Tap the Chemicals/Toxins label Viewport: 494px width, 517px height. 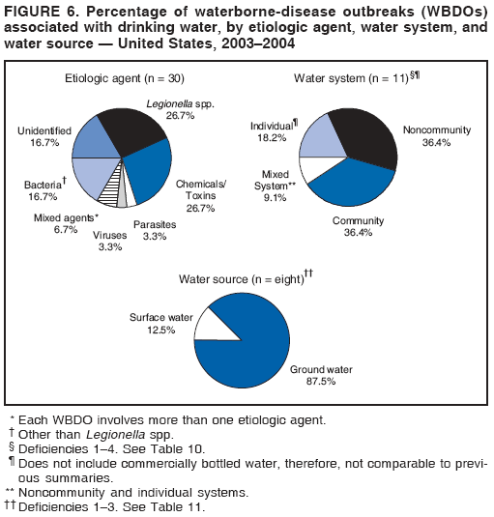click(201, 195)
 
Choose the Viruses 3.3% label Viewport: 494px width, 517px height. click(109, 241)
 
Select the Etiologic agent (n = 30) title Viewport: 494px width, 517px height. click(124, 77)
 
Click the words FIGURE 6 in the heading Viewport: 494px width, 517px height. click(37, 11)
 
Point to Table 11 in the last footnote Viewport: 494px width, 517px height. click(183, 506)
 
